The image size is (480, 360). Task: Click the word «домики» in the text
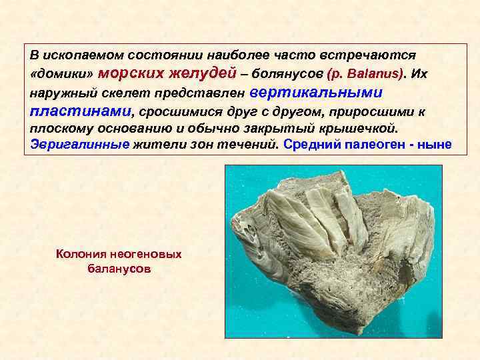tap(63, 73)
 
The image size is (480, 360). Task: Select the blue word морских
tap(136, 72)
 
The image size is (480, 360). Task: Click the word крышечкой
tap(365, 127)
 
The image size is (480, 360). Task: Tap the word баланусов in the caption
tap(119, 269)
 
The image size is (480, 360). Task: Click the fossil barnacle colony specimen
tap(327, 247)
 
